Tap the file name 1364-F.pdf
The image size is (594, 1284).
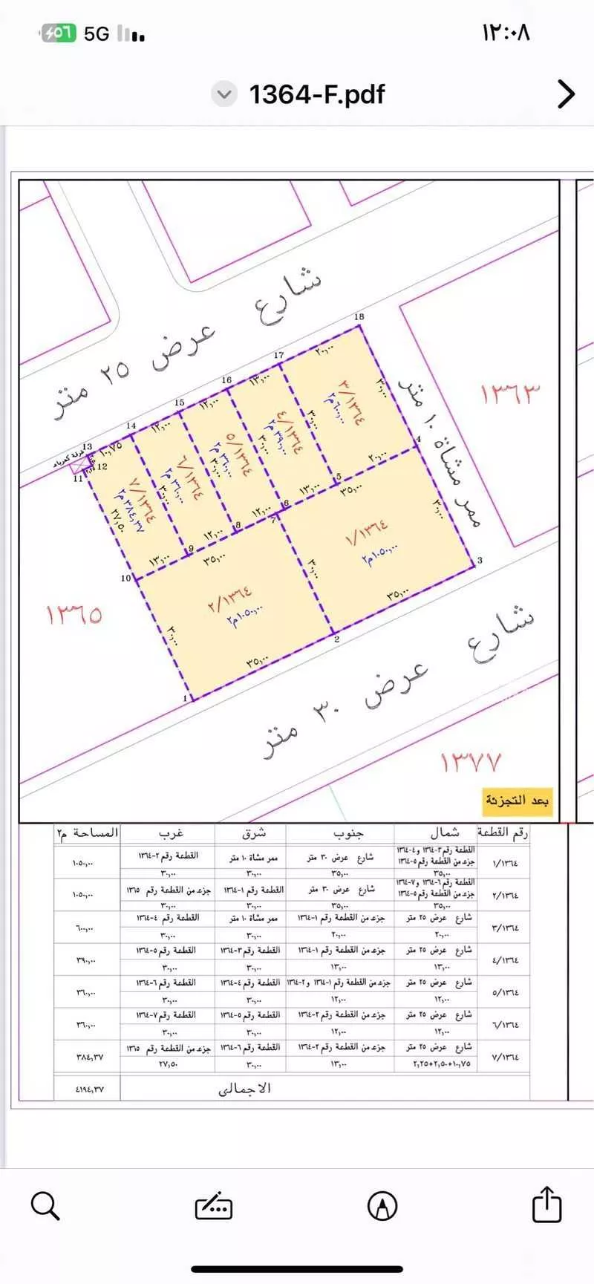316,94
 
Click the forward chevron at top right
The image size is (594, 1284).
566,94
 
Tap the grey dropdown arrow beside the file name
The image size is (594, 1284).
223,95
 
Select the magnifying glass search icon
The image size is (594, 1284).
45,1205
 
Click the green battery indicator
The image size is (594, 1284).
58,33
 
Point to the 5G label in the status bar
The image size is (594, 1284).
97,34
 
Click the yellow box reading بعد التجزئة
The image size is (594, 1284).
518,801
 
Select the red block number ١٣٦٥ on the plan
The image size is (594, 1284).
74,615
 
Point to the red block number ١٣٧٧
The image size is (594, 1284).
471,761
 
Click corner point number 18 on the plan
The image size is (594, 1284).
359,317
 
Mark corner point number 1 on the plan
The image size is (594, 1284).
185,699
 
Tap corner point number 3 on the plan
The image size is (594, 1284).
480,560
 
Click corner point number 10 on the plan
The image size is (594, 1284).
126,578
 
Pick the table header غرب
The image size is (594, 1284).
172,833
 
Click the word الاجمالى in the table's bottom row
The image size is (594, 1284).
244,1088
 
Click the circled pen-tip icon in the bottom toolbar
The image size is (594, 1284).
382,1205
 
